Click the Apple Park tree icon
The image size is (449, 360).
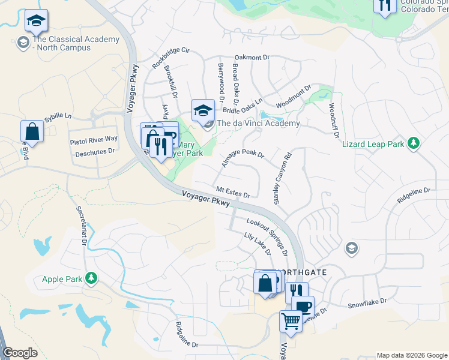(x=91, y=278)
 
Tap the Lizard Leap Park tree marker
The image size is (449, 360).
(x=413, y=143)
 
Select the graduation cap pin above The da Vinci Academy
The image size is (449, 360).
(x=203, y=110)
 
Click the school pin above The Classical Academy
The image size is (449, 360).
(x=36, y=22)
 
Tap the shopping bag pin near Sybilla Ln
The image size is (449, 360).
(x=32, y=131)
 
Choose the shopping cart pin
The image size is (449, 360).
(x=291, y=321)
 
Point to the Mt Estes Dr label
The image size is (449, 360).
(x=233, y=192)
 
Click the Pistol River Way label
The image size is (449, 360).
(x=94, y=139)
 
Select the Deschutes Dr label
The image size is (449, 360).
(x=95, y=152)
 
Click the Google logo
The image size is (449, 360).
(x=20, y=353)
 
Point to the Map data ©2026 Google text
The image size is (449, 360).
(x=412, y=355)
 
